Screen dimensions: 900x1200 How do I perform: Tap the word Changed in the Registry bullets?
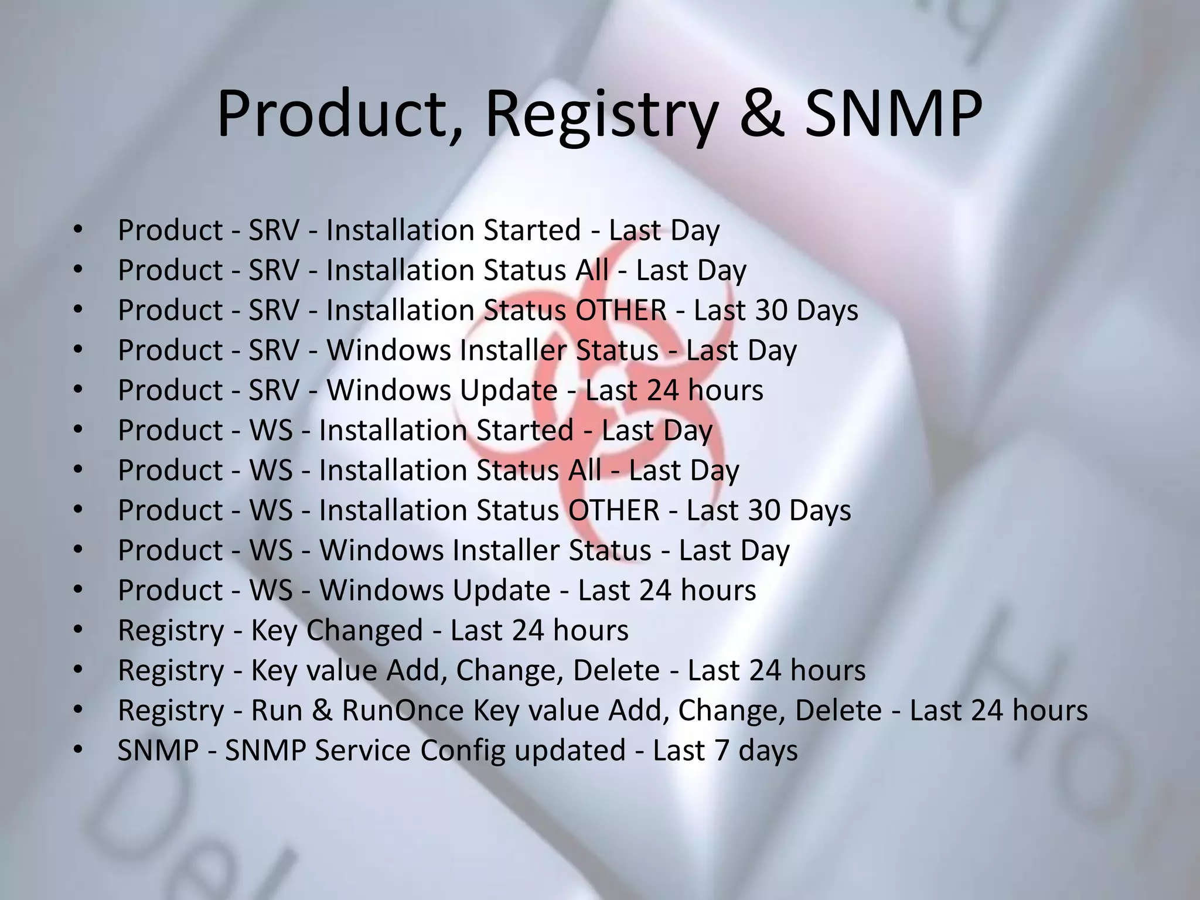click(364, 630)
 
